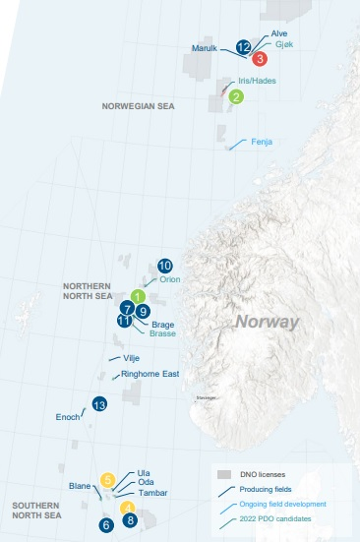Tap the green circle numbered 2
tap(236, 96)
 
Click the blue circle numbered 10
tap(165, 266)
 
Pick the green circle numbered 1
tap(139, 296)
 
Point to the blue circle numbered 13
tap(98, 404)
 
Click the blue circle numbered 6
tap(105, 525)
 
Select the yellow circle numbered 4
tap(127, 508)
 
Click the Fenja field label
tap(261, 142)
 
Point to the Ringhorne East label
tap(149, 374)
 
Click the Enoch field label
tap(68, 417)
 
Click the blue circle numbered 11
tap(124, 320)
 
